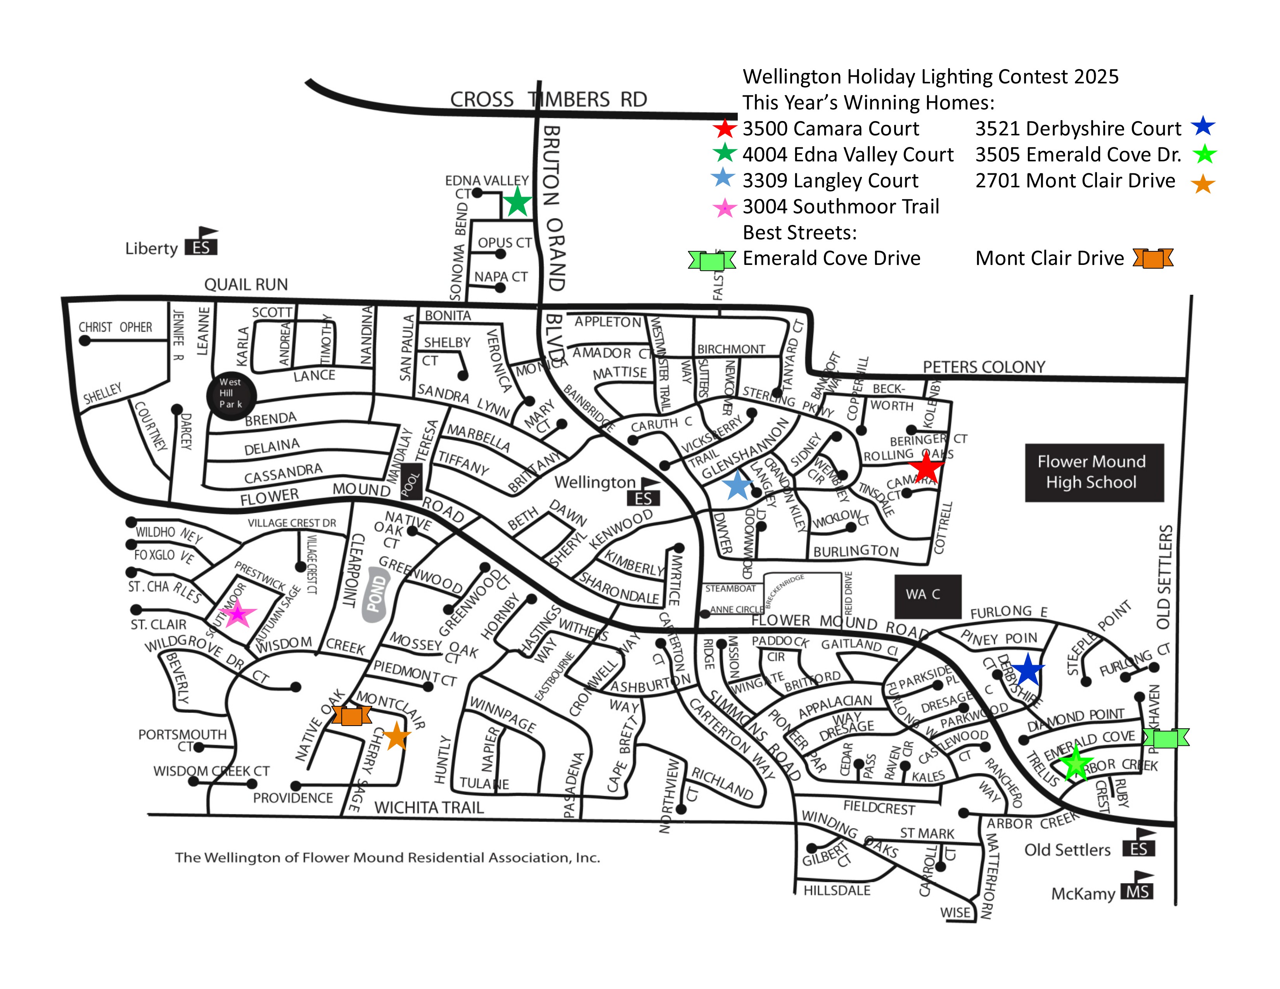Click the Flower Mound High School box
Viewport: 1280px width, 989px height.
(1094, 472)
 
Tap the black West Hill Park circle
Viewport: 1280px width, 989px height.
(232, 396)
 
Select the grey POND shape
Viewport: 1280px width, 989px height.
(377, 593)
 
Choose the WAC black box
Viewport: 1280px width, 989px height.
(927, 595)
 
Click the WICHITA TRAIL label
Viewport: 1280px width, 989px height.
(429, 808)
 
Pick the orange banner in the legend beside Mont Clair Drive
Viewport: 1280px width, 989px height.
(1152, 258)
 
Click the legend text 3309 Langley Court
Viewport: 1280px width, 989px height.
(830, 180)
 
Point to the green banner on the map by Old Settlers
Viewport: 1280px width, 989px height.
(1166, 738)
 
